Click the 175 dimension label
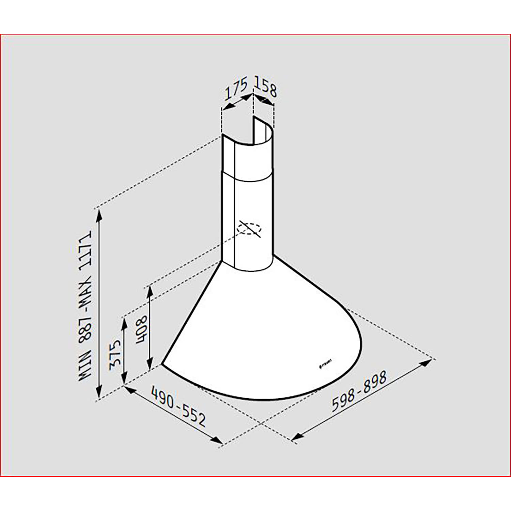pyautogui.click(x=236, y=89)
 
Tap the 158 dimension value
pyautogui.click(x=266, y=87)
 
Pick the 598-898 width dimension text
pyautogui.click(x=359, y=391)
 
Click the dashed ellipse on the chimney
pyautogui.click(x=249, y=229)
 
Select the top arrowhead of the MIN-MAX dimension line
pyautogui.click(x=99, y=215)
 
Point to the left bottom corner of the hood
pyautogui.click(x=162, y=363)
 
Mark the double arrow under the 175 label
pyautogui.click(x=237, y=102)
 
